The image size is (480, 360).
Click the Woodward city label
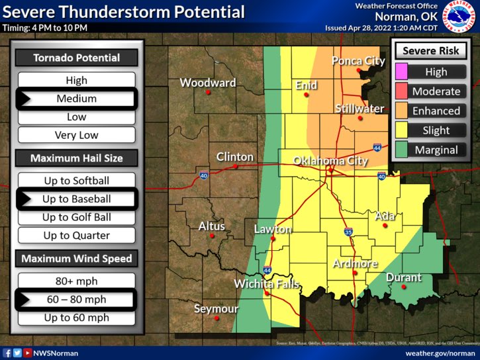tap(208, 83)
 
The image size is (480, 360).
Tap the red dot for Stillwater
tap(360, 118)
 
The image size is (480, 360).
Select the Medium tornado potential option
tap(76, 99)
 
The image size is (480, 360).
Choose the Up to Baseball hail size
tap(76, 199)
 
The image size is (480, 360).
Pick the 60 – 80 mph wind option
tap(76, 300)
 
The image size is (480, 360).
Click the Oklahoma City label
tap(330, 161)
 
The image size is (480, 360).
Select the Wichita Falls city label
tap(266, 285)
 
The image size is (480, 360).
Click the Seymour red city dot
tap(216, 318)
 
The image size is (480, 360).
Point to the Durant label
tap(403, 277)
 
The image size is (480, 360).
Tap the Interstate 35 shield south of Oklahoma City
tap(348, 232)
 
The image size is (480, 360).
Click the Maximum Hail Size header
tap(76, 158)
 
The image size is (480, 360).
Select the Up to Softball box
tap(76, 181)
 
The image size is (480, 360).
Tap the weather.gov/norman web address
tap(440, 353)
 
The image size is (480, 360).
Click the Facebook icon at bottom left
tap(7, 353)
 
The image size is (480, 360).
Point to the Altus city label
tap(212, 226)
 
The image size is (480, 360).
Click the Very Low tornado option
tap(76, 135)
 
